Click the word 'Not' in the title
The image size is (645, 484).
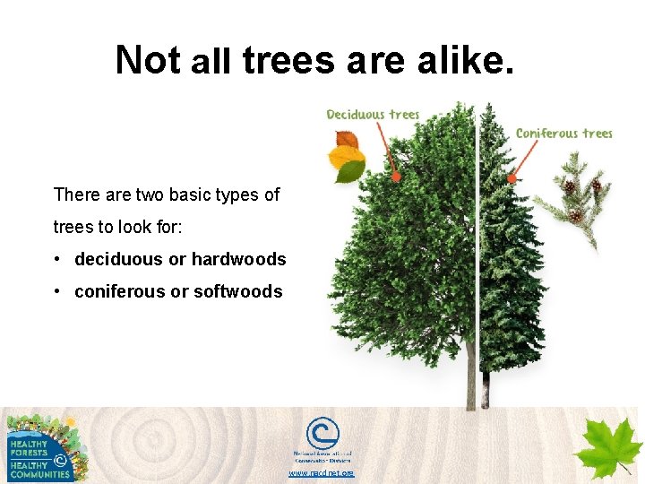coord(149,60)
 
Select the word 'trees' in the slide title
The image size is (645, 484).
coord(287,60)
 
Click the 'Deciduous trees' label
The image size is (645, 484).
coord(373,114)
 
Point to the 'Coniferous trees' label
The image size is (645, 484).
coord(563,134)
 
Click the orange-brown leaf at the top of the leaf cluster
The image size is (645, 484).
coord(346,140)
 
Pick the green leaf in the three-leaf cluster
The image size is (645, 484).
coord(351,172)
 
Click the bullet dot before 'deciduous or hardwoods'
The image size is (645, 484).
coord(57,260)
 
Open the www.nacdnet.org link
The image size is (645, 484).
coord(321,472)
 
